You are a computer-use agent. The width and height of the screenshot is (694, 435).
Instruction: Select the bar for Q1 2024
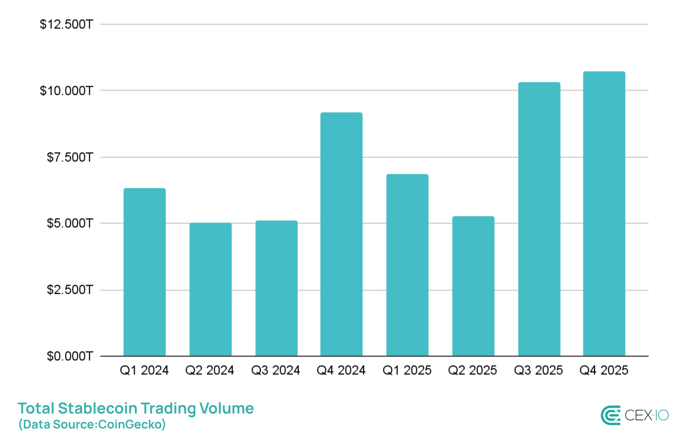[x=144, y=272]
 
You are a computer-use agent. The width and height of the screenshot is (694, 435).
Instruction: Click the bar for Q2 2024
[x=210, y=289]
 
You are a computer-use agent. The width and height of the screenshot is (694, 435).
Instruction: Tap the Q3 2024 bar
[x=276, y=288]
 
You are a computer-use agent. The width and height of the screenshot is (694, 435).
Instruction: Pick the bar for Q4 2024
[x=341, y=234]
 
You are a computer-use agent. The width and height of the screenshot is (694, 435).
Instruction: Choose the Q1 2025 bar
[x=407, y=265]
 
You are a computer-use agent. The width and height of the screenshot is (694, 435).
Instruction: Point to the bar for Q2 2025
[x=473, y=286]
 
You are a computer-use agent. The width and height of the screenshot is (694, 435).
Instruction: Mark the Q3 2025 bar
[x=539, y=219]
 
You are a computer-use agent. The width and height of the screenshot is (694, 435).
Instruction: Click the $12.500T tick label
[x=66, y=24]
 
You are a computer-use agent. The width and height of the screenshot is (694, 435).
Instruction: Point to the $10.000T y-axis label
[x=66, y=91]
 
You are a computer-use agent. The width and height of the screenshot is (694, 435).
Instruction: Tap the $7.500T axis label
[x=70, y=157]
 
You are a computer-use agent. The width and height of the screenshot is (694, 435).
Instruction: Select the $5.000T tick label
[x=70, y=223]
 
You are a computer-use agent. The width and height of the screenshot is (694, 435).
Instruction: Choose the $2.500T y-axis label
[x=70, y=290]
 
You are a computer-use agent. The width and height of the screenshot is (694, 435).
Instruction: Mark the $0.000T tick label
[x=70, y=356]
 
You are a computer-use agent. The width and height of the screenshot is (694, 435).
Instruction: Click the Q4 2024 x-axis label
[x=341, y=370]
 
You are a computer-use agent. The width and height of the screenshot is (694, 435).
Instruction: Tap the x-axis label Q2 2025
[x=472, y=370]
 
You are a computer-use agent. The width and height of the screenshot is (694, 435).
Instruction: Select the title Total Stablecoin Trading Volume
[x=135, y=408]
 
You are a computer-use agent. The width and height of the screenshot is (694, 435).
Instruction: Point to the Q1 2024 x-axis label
[x=144, y=370]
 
